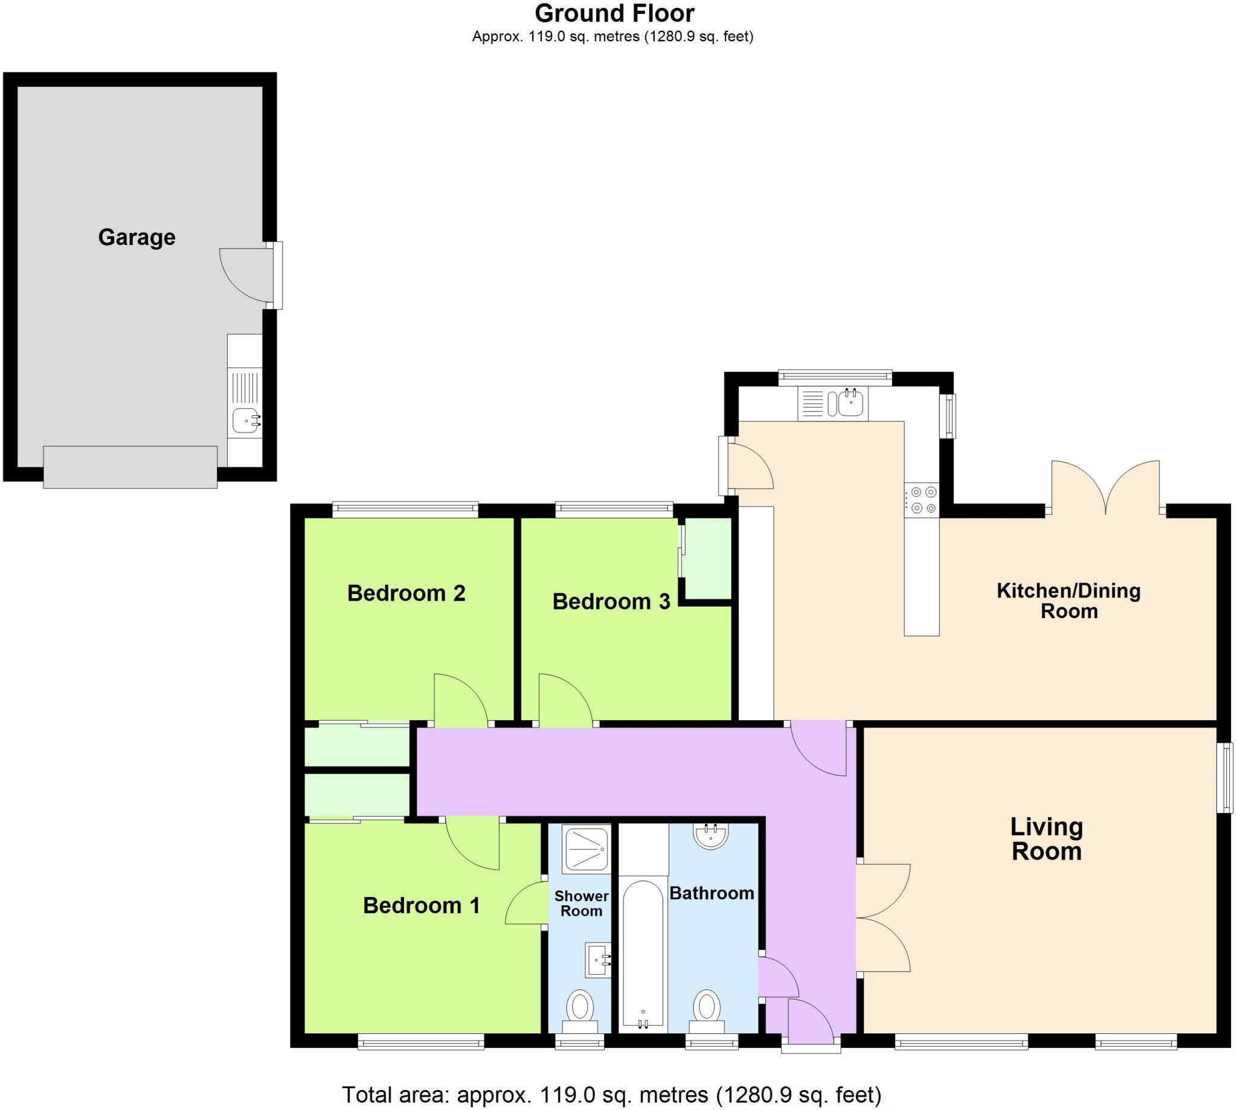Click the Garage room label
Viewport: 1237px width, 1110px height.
[x=137, y=237]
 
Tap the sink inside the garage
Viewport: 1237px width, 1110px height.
[x=246, y=420]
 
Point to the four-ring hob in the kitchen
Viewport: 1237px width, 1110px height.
[x=922, y=500]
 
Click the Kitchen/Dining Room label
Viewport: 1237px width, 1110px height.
[x=1068, y=600]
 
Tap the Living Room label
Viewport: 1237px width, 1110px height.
[x=1047, y=838]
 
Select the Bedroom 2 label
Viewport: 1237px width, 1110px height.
[x=406, y=593]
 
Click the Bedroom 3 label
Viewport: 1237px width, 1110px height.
[x=611, y=601]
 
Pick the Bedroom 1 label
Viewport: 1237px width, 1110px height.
[x=421, y=905]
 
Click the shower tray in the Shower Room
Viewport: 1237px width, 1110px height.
[x=586, y=848]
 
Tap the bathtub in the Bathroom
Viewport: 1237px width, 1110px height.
[x=643, y=954]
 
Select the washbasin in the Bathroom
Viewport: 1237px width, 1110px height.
[x=711, y=835]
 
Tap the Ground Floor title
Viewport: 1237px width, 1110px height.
[x=614, y=13]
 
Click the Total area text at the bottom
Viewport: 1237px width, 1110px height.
[x=611, y=1095]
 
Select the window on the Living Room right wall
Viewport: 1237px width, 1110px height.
[x=1224, y=777]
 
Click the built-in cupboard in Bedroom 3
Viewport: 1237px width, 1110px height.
[x=708, y=559]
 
